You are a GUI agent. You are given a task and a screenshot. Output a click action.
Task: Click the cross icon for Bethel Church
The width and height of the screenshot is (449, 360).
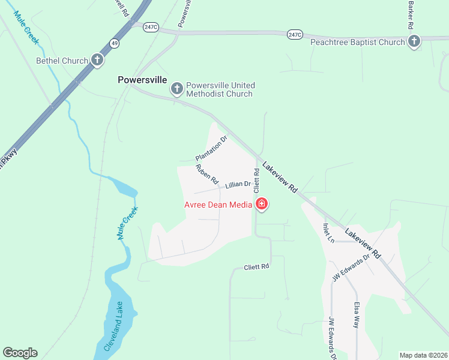pyautogui.click(x=97, y=60)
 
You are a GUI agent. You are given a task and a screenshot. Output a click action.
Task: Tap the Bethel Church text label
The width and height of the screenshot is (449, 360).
pyautogui.click(x=62, y=61)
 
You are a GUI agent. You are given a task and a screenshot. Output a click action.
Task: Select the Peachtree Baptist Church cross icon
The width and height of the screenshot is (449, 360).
pyautogui.click(x=414, y=41)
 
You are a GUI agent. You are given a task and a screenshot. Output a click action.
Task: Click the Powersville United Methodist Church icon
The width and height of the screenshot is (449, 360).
pyautogui.click(x=176, y=89)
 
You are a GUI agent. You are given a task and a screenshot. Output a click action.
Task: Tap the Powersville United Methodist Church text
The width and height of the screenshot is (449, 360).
pyautogui.click(x=220, y=89)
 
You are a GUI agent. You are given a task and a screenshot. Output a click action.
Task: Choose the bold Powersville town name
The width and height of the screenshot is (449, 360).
pyautogui.click(x=142, y=79)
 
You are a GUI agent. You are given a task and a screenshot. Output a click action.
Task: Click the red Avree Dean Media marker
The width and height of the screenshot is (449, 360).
pyautogui.click(x=261, y=205)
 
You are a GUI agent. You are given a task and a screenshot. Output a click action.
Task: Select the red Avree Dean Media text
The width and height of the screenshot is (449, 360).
pyautogui.click(x=217, y=205)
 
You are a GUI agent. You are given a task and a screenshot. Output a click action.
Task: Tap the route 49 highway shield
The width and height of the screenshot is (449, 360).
pyautogui.click(x=114, y=42)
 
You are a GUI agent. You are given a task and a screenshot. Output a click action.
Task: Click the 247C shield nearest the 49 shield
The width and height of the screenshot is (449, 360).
pyautogui.click(x=151, y=26)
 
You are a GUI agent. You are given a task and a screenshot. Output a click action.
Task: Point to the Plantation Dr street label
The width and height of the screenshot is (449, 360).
pyautogui.click(x=212, y=149)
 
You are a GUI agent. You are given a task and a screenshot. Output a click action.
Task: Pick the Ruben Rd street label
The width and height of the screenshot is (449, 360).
pyautogui.click(x=206, y=174)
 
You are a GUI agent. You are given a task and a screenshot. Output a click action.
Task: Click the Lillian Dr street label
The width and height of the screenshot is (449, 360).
pyautogui.click(x=238, y=185)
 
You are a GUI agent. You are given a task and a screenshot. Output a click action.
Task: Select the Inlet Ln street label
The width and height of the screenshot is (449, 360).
pyautogui.click(x=328, y=233)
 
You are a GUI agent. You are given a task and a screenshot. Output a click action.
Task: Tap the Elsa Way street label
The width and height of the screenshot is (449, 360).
pyautogui.click(x=357, y=313)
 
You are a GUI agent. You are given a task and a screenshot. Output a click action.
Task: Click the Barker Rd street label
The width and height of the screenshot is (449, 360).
pyautogui.click(x=411, y=15)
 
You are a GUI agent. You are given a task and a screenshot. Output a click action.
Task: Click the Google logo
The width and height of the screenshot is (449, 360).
pyautogui.click(x=20, y=353)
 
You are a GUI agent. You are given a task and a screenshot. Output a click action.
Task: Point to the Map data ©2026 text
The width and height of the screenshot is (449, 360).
pyautogui.click(x=423, y=355)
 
